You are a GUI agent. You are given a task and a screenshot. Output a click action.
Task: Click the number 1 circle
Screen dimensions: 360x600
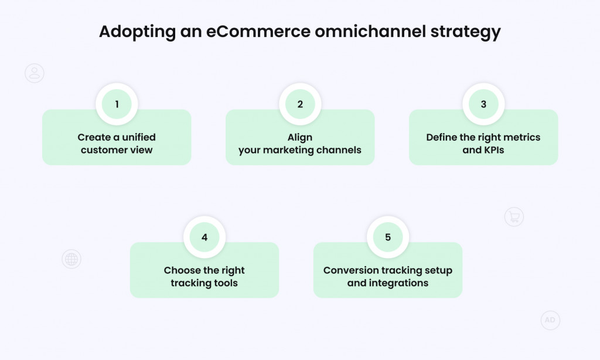tap(117, 104)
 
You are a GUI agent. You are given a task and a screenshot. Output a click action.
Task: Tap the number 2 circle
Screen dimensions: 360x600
tap(300, 104)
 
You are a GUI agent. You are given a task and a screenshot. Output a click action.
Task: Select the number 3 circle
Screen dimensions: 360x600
tap(483, 104)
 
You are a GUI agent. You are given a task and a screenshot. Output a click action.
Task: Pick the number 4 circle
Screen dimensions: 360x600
tap(204, 237)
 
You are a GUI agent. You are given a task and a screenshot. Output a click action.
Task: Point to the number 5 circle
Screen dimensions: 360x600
tap(388, 237)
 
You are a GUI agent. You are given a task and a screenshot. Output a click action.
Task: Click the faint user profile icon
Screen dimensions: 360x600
tap(35, 73)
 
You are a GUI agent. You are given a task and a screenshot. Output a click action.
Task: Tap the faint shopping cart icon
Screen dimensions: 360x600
tap(514, 217)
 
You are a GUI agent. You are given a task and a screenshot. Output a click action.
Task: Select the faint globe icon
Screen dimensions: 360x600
tap(71, 259)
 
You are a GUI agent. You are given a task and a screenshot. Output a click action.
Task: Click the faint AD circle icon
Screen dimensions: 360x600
tap(550, 320)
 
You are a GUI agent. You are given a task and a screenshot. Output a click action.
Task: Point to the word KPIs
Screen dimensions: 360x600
tap(493, 150)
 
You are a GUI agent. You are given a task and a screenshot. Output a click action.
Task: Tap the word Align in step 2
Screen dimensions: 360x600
tap(300, 137)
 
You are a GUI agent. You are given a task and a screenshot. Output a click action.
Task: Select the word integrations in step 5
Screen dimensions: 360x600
tap(398, 283)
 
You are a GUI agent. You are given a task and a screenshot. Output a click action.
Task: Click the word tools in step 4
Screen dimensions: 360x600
tap(226, 283)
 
